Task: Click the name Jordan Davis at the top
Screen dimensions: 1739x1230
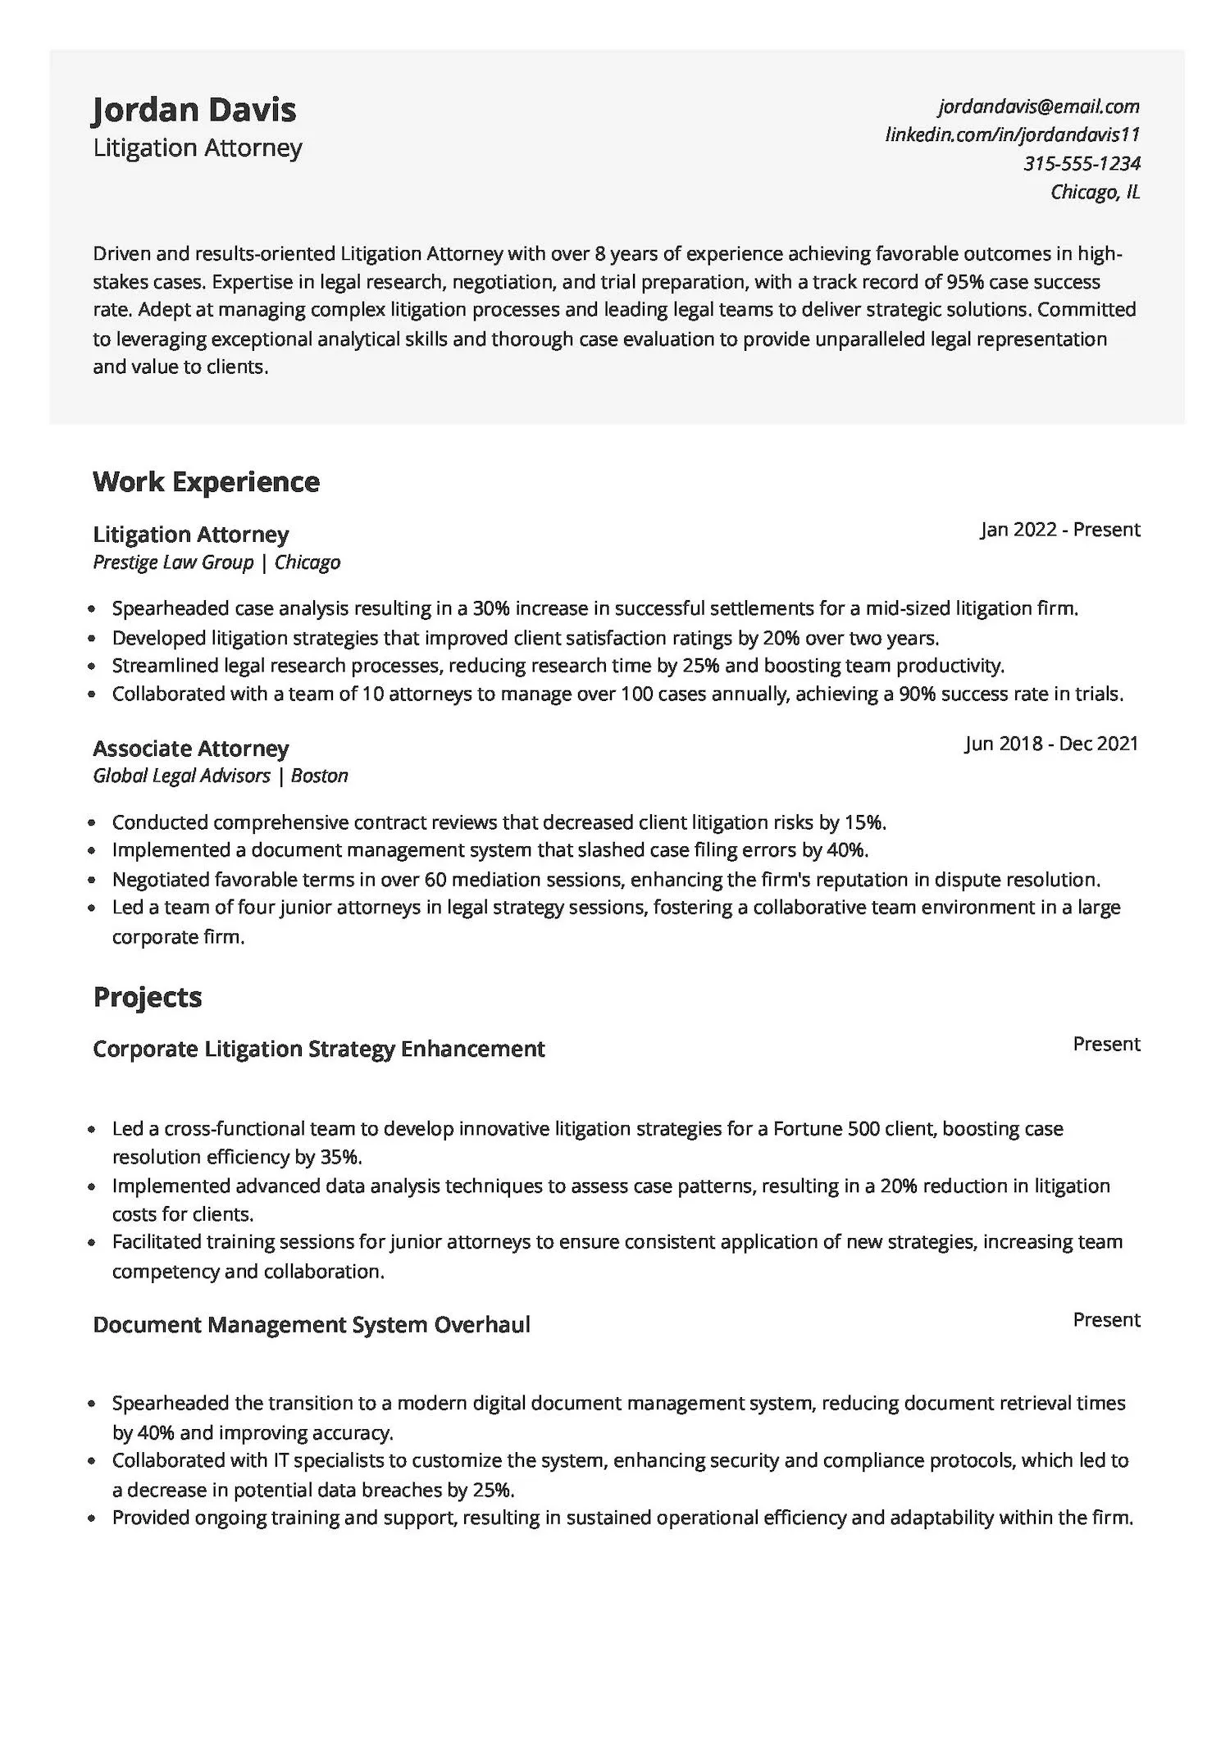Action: coord(194,110)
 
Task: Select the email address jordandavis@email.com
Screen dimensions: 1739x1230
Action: coord(1039,106)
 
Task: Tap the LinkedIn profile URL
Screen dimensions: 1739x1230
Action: coord(1012,134)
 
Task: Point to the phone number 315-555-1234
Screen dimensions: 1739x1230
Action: coord(1082,163)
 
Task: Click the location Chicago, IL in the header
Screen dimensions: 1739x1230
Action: coord(1095,192)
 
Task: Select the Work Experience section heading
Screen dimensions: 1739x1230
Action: coord(206,481)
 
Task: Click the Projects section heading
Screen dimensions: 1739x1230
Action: coord(148,997)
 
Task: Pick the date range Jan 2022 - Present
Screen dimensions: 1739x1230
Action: coord(1059,530)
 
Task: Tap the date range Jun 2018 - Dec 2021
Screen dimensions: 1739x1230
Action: coord(1051,744)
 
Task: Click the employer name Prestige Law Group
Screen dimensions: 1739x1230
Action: coord(173,562)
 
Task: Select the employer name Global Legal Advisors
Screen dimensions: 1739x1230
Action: coord(181,776)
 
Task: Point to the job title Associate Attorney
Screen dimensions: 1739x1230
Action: coord(191,748)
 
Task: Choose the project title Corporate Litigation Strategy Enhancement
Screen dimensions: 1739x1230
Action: coord(319,1049)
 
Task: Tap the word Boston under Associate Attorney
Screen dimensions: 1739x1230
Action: coord(320,776)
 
